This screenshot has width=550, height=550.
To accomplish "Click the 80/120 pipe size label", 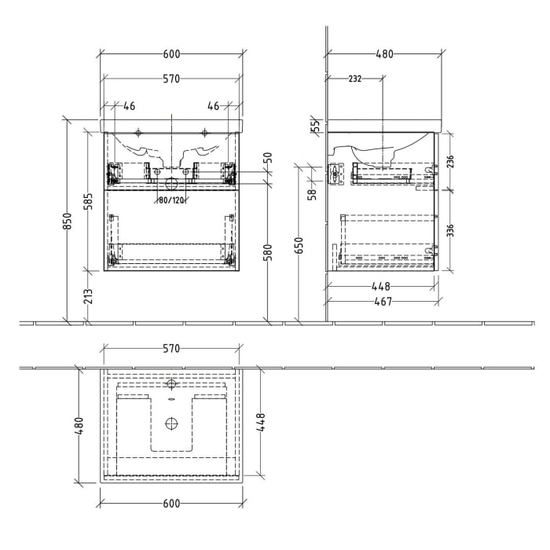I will point(170,200).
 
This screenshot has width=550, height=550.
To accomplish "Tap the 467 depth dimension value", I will point(383,301).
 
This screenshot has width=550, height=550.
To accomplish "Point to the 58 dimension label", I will point(311,193).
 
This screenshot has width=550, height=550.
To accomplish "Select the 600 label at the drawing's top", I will point(171,54).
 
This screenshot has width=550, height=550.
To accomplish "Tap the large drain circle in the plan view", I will point(171,423).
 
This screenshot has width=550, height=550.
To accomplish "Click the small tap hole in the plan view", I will point(171,385).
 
